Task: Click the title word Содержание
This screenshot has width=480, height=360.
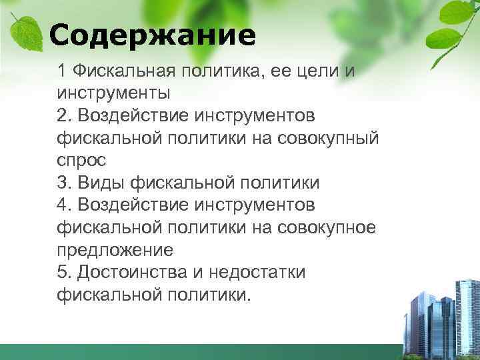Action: tap(152, 35)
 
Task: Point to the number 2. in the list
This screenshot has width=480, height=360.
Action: tap(65, 115)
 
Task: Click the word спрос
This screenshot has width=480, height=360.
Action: tap(82, 161)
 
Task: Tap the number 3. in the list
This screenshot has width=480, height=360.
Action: tap(65, 183)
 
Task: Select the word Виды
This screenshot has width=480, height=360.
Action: tap(101, 183)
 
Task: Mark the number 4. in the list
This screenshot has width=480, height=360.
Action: tap(65, 205)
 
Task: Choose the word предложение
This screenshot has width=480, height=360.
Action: tap(115, 250)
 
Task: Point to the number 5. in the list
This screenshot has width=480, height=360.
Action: tap(65, 272)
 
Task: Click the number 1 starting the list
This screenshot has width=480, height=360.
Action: tap(62, 70)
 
